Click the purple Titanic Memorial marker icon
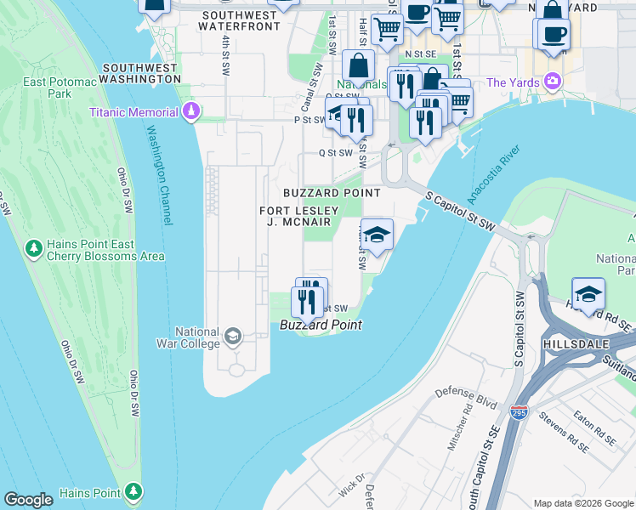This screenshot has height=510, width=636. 192,112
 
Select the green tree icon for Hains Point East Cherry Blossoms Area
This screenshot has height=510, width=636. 34,249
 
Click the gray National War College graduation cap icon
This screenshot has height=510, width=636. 232,337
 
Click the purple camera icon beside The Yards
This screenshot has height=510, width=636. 554,82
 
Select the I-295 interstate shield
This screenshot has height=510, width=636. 519,412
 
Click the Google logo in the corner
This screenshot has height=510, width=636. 28,500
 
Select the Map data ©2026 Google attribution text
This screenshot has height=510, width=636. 582,503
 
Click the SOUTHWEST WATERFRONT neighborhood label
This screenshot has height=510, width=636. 239,21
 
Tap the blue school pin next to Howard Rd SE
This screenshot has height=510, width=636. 588,293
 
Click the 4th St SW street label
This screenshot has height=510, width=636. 225,53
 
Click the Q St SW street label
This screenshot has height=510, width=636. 335,153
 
